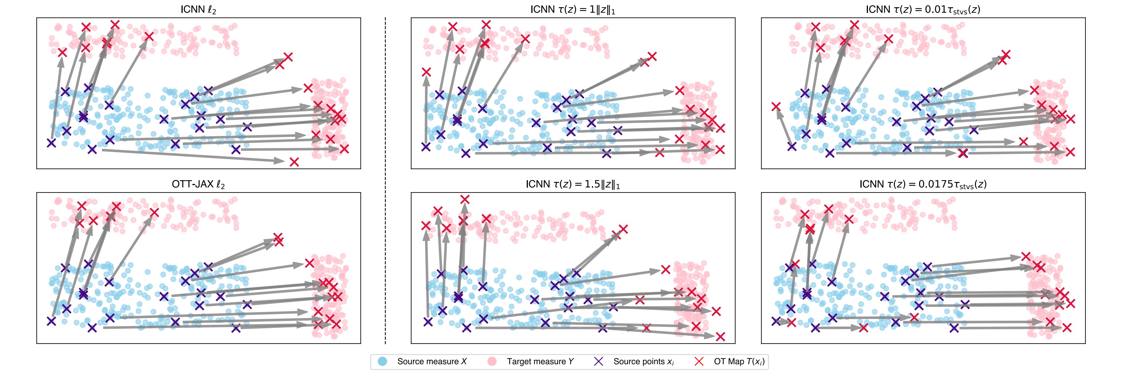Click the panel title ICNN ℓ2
tap(198, 10)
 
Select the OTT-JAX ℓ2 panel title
tap(198, 185)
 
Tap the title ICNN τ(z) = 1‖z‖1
tap(573, 10)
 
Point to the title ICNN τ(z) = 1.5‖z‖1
tap(573, 185)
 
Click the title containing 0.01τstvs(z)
tap(923, 10)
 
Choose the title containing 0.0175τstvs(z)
tap(923, 185)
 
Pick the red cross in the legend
tap(699, 361)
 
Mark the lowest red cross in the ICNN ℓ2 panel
tap(294, 162)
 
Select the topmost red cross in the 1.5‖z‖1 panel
tap(465, 199)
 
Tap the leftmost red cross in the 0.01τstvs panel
tap(776, 106)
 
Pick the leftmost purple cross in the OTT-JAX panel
tap(51, 321)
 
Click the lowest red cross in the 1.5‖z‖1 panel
tap(720, 336)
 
